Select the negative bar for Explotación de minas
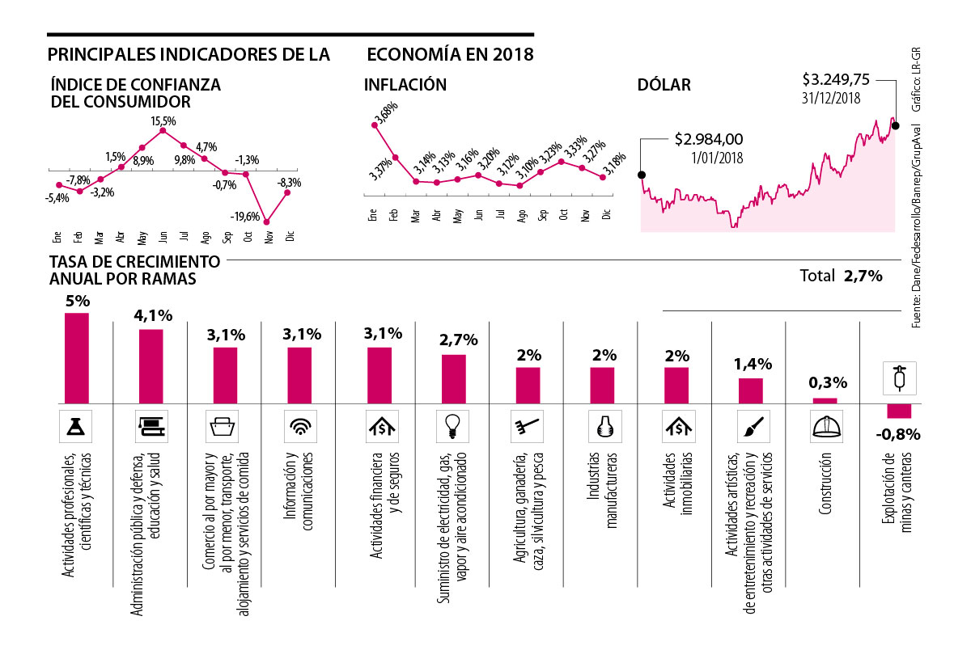898,410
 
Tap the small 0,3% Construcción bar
825,399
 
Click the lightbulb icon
453,424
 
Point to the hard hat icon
825,424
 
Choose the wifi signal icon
299,424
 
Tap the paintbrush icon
750,424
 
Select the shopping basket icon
224,424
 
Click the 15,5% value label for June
163,120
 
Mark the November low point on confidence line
266,222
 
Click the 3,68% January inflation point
374,125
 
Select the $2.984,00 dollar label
708,139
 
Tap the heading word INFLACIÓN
405,85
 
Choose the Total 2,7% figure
840,276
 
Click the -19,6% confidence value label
244,217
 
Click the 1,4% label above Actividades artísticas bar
750,365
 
